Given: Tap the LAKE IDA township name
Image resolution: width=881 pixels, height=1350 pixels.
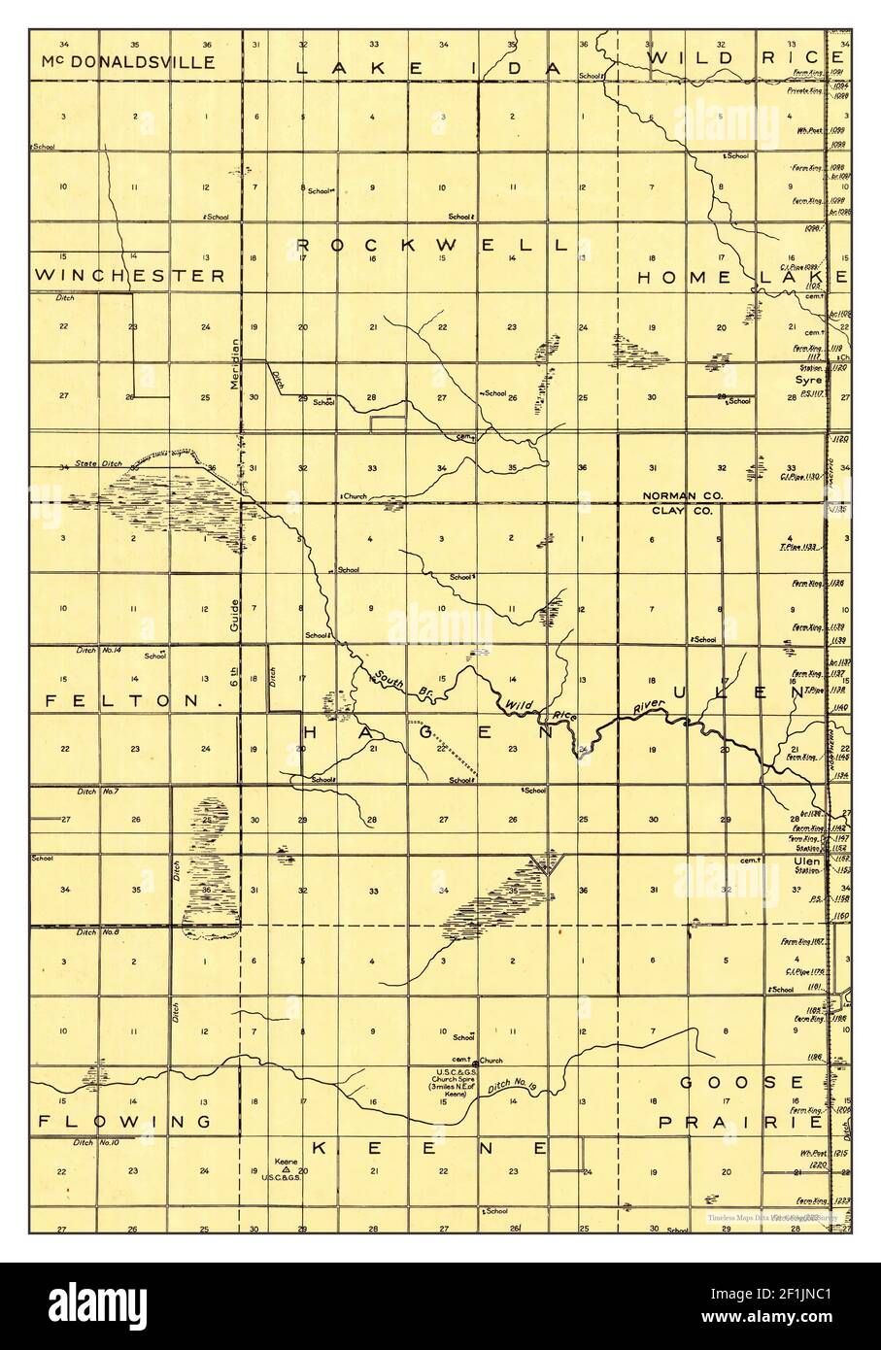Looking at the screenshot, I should click(x=428, y=68).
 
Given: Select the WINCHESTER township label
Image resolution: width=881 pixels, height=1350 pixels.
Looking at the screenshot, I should click(x=129, y=276).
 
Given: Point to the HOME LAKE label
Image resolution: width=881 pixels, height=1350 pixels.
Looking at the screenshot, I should click(x=742, y=278).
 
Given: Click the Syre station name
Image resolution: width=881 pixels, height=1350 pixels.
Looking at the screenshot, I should click(x=810, y=381).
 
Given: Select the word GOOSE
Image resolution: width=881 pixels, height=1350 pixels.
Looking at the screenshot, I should click(x=742, y=1083).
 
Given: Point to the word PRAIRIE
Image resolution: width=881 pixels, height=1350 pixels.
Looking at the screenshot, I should click(x=741, y=1122).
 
